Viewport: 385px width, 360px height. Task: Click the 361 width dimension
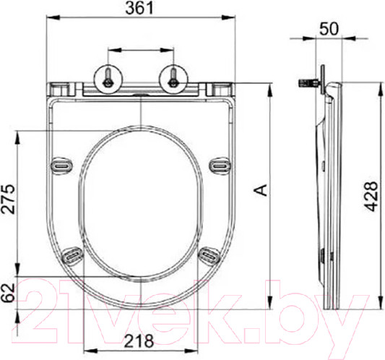coord(139,8)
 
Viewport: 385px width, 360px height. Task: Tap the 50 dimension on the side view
coord(329,28)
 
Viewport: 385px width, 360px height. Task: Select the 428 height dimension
coord(371,197)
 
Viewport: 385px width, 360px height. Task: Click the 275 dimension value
coord(8,200)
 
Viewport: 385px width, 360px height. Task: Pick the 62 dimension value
coord(8,293)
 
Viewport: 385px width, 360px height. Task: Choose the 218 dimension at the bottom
coord(139,341)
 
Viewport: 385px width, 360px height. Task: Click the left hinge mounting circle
coord(108,77)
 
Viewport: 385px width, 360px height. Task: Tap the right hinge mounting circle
coord(173,77)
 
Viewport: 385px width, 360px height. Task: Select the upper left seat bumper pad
coord(62,166)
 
